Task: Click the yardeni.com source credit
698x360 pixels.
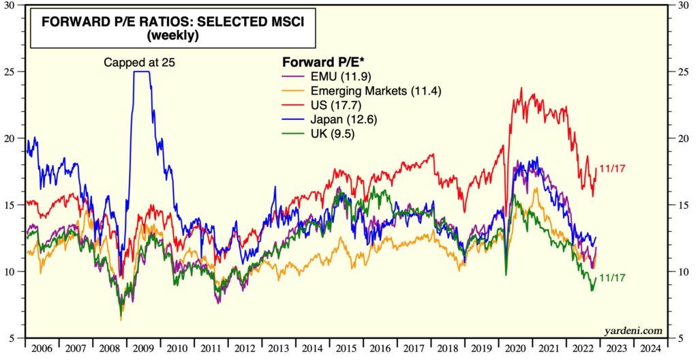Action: point(633,331)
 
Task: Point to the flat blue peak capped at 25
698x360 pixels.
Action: point(142,72)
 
